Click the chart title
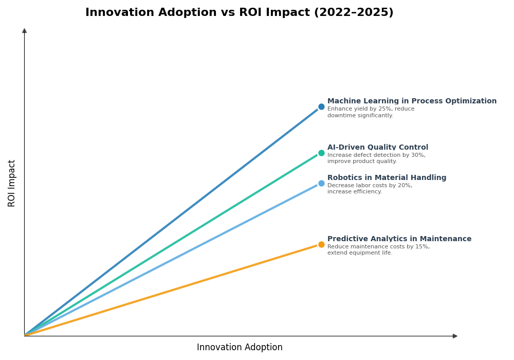239,13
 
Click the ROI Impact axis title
12,183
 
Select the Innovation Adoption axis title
240,348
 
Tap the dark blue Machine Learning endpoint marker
321,107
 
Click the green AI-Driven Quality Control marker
321,153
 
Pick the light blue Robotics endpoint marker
321,184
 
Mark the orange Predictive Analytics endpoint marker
321,245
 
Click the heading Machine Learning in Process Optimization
412,101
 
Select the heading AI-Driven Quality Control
377,148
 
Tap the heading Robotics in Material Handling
387,178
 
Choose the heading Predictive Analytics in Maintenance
399,239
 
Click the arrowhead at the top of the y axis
24,31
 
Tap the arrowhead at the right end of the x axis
455,336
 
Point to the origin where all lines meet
25,336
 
